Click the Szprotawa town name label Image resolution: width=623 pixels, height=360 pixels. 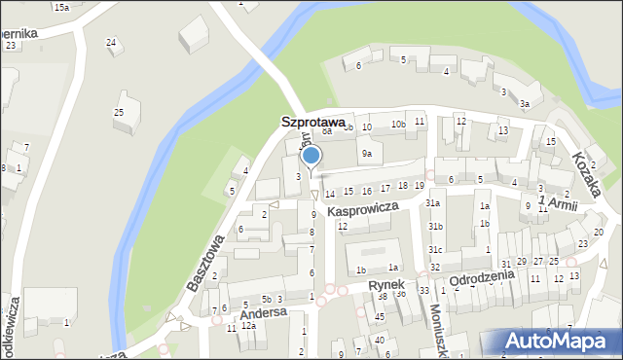[x=312, y=123]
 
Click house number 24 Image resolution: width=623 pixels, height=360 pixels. [x=112, y=42]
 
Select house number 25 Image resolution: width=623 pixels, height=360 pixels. [x=119, y=113]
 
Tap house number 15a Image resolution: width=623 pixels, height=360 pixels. [x=61, y=7]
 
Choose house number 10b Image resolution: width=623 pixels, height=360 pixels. [x=398, y=125]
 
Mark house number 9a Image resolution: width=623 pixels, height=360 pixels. [x=366, y=154]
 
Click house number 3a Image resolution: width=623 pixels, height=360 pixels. [x=524, y=104]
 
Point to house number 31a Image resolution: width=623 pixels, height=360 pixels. [x=432, y=202]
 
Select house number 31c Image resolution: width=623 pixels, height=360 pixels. [x=434, y=250]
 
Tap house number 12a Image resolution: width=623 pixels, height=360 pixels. [x=248, y=326]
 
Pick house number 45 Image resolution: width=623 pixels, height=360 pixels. [x=380, y=317]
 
